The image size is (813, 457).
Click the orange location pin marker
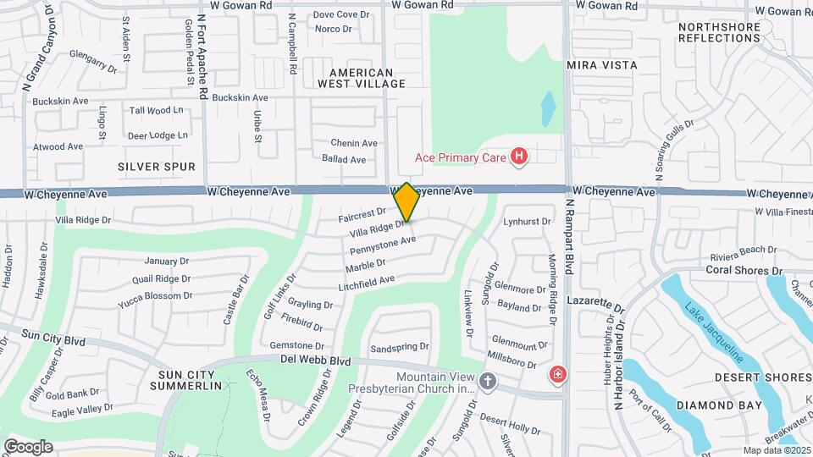(x=406, y=202)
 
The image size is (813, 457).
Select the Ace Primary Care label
(x=460, y=157)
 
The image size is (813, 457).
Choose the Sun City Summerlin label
(x=186, y=379)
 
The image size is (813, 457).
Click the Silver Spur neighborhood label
(x=157, y=167)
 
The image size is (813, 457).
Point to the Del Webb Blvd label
(x=315, y=361)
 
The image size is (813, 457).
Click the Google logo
(x=28, y=446)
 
